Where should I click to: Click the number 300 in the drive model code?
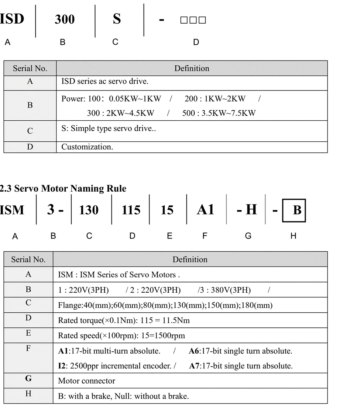pos(65,20)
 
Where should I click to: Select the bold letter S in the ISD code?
pos(117,19)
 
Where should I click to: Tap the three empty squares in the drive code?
pos(193,20)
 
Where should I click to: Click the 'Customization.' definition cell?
pos(87,147)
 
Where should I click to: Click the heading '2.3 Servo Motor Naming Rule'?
pos(63,189)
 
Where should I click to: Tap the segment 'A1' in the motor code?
pos(206,210)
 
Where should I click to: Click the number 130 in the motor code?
pos(89,210)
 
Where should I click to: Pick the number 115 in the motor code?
pos(131,210)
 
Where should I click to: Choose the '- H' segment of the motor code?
pos(247,210)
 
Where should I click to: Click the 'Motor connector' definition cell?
pos(87,381)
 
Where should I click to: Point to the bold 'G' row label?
pos(28,379)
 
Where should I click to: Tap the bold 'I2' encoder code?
pos(62,366)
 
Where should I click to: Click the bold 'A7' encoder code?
pos(194,366)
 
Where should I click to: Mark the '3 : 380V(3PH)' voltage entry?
pos(225,290)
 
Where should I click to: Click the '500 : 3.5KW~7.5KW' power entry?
pos(219,113)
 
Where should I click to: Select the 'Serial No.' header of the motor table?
pos(28,260)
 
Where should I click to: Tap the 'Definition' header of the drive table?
pos(192,69)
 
